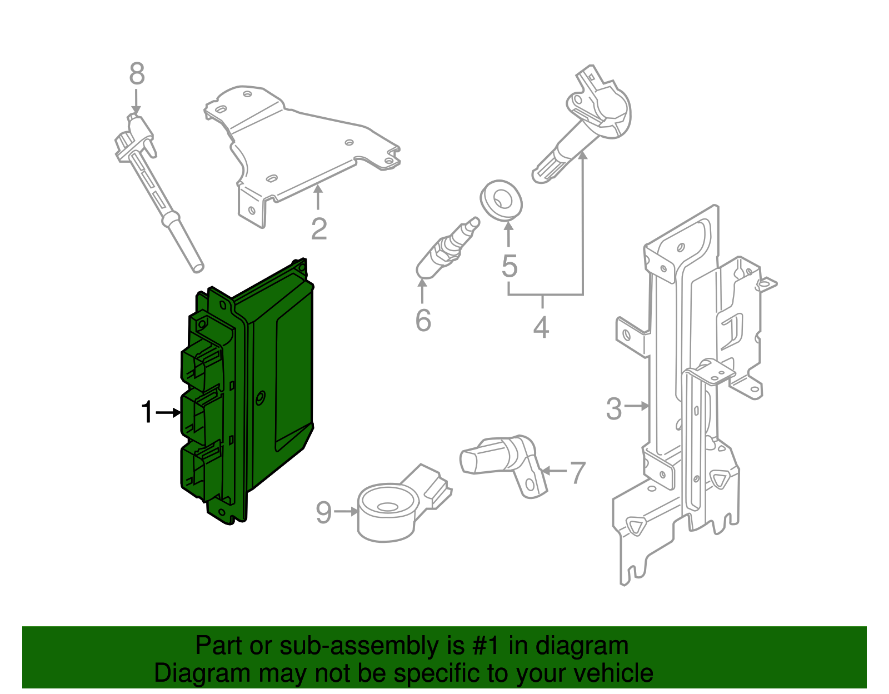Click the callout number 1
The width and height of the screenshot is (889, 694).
(x=147, y=412)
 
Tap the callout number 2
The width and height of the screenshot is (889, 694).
(x=318, y=228)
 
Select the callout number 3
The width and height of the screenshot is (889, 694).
(x=613, y=408)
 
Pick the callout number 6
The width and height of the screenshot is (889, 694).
(x=423, y=321)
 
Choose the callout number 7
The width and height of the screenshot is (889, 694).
(x=578, y=472)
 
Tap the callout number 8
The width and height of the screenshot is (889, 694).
(x=137, y=74)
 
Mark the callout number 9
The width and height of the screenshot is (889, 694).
(x=323, y=512)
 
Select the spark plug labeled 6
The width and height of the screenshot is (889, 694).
(x=447, y=248)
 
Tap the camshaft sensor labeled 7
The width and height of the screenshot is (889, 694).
(x=503, y=458)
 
